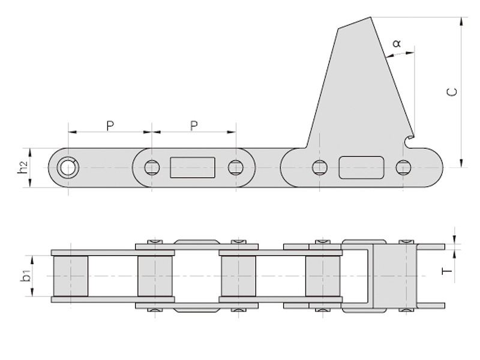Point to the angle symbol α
(397, 44)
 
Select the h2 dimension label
(22, 167)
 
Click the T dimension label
(446, 271)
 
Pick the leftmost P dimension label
(110, 125)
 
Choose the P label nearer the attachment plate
(194, 125)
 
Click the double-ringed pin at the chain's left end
(68, 167)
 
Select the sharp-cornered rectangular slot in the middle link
(193, 167)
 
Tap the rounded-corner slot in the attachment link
(361, 167)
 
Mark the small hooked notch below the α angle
(409, 142)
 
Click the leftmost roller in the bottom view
(71, 275)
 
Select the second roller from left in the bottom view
(155, 275)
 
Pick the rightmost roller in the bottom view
(323, 275)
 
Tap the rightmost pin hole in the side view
(403, 167)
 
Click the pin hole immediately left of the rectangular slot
(152, 167)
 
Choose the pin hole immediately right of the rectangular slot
(236, 167)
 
